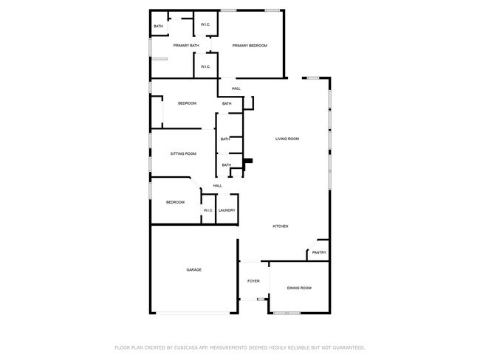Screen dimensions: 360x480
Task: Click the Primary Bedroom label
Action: pos(249,46)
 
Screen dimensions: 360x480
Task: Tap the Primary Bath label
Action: pos(186,46)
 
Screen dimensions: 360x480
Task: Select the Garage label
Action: pos(193,269)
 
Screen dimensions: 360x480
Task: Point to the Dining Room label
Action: pos(299,288)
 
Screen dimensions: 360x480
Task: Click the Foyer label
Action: pos(253,281)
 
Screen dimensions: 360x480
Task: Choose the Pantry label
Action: pos(319,252)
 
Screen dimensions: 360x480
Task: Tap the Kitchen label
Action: pos(280,226)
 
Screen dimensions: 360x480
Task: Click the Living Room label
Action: pos(287,139)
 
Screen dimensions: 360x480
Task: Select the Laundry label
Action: pos(227,210)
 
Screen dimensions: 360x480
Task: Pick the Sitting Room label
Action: pos(183,153)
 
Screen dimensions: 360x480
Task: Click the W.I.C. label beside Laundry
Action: pos(208,210)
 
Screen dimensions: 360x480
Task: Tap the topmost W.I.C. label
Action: pos(205,26)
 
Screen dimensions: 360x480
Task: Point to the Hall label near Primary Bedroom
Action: pos(236,89)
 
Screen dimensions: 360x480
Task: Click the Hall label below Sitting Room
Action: pos(218,185)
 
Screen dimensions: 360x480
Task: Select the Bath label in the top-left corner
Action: pos(158,27)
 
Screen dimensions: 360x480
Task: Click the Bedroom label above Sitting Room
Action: pos(187,103)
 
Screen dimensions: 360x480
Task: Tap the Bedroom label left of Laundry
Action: pos(175,202)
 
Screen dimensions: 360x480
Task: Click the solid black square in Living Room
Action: pos(248,161)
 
